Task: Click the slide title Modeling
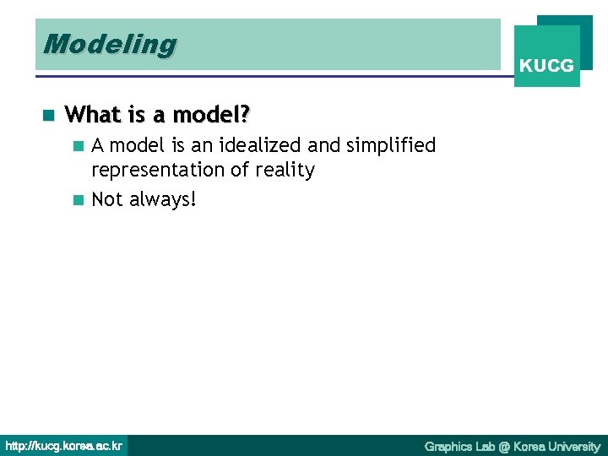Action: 110,44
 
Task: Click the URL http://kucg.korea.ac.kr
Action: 63,446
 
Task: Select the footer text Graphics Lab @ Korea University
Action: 512,446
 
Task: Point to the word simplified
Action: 394,146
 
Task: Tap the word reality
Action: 285,171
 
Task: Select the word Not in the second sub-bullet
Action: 107,199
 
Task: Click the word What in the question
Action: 90,114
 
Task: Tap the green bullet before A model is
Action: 79,146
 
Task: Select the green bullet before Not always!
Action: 79,200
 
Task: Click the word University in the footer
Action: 574,446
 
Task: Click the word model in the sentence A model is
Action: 136,146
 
